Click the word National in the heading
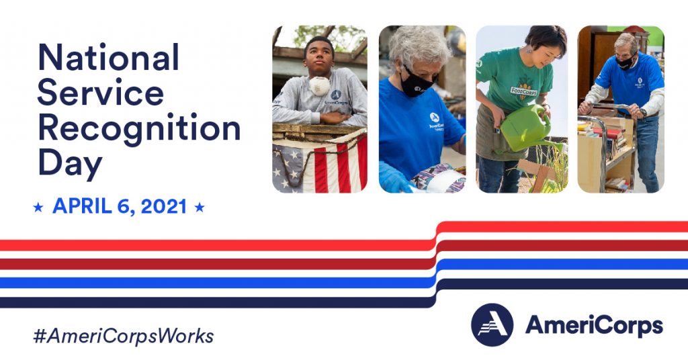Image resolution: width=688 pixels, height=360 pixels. [108, 58]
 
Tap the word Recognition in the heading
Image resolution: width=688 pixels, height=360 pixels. [138, 127]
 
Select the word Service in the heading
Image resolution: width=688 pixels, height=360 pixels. [100, 92]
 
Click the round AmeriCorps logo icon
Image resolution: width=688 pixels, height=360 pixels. [492, 325]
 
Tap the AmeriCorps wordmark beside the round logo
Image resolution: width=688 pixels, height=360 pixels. [594, 326]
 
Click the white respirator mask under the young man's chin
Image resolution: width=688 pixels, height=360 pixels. [320, 85]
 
